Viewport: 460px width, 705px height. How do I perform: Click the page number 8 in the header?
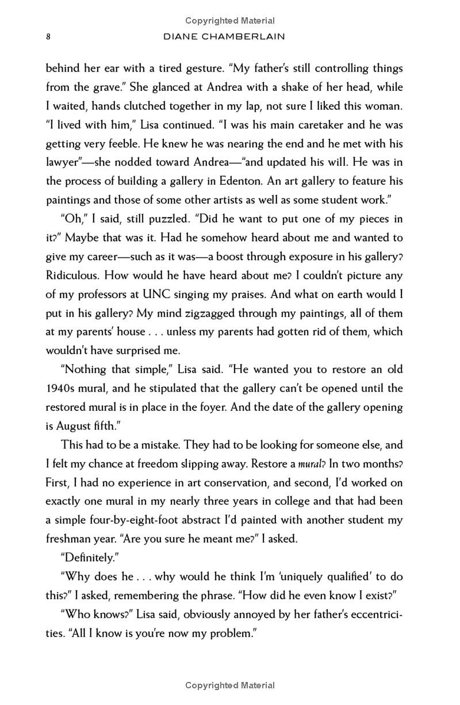[49, 37]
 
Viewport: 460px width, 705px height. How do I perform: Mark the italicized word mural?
[310, 464]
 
